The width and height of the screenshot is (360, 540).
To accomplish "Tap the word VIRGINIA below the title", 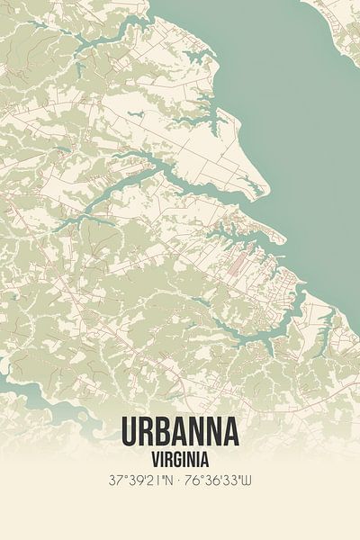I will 180,457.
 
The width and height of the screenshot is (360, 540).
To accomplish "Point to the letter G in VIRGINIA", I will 178,457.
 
